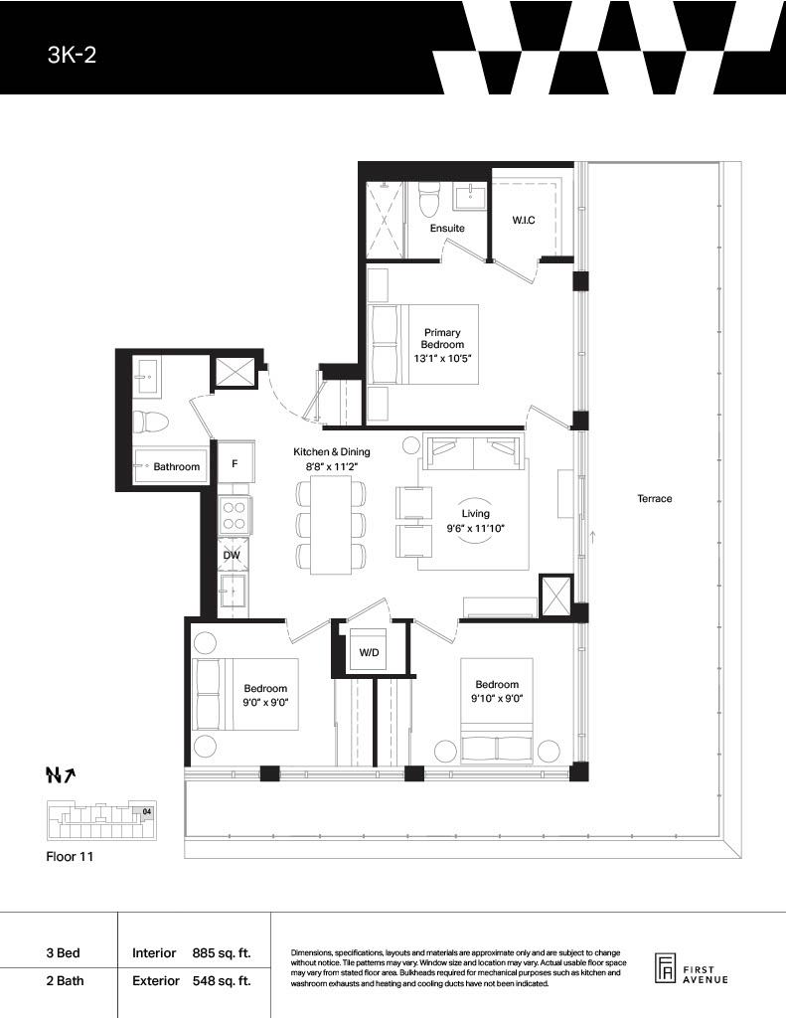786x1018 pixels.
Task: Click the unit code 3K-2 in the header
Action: tap(73, 55)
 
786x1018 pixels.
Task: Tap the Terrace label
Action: tap(654, 499)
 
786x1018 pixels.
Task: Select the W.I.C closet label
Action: tap(523, 220)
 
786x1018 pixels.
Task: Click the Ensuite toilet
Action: tap(427, 199)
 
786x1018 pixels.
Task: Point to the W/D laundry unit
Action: tap(369, 650)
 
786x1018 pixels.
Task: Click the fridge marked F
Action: tap(235, 463)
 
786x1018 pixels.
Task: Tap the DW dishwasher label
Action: tap(232, 555)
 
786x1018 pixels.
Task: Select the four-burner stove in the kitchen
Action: tap(233, 516)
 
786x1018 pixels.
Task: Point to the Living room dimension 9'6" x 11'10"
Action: tap(475, 528)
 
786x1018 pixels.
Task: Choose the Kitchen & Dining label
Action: tap(332, 452)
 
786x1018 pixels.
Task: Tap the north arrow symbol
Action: tap(61, 774)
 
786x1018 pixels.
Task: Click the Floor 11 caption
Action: tap(70, 856)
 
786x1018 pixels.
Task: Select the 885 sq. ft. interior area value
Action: tap(222, 953)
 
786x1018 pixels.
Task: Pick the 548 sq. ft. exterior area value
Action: tap(222, 980)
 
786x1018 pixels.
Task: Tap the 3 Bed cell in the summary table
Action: tap(63, 953)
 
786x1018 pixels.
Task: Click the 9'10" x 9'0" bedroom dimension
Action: tap(497, 699)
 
